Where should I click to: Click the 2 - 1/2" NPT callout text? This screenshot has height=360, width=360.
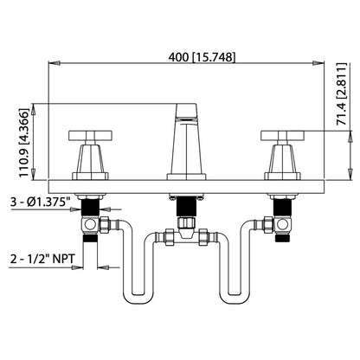[x=41, y=257]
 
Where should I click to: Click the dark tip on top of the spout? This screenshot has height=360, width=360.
[x=187, y=110]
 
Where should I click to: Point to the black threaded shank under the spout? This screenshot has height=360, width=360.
[x=187, y=206]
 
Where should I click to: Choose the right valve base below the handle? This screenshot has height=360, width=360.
[x=282, y=162]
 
